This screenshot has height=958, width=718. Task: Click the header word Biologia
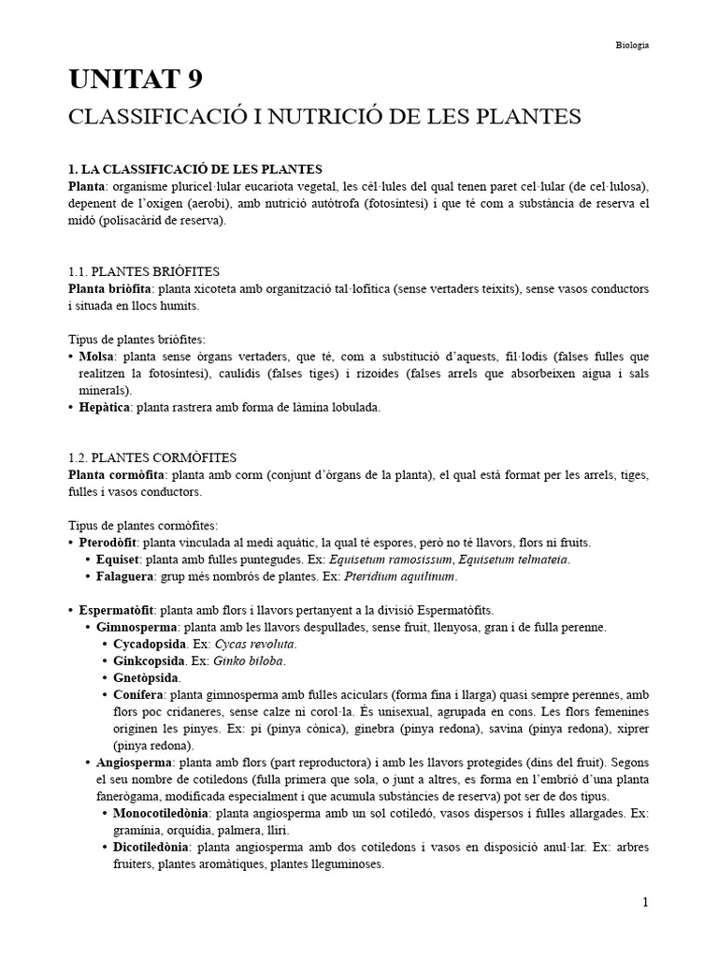click(x=633, y=44)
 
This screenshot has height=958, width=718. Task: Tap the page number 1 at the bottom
click(x=645, y=902)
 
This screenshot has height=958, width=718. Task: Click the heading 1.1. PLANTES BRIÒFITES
click(x=148, y=271)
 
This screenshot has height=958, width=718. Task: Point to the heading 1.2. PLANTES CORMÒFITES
click(x=152, y=457)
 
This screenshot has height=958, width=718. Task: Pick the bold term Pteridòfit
click(x=109, y=543)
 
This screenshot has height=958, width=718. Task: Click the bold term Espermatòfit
click(x=117, y=610)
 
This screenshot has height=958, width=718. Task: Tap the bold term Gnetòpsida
click(x=148, y=677)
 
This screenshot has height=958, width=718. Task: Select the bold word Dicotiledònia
click(x=151, y=847)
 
